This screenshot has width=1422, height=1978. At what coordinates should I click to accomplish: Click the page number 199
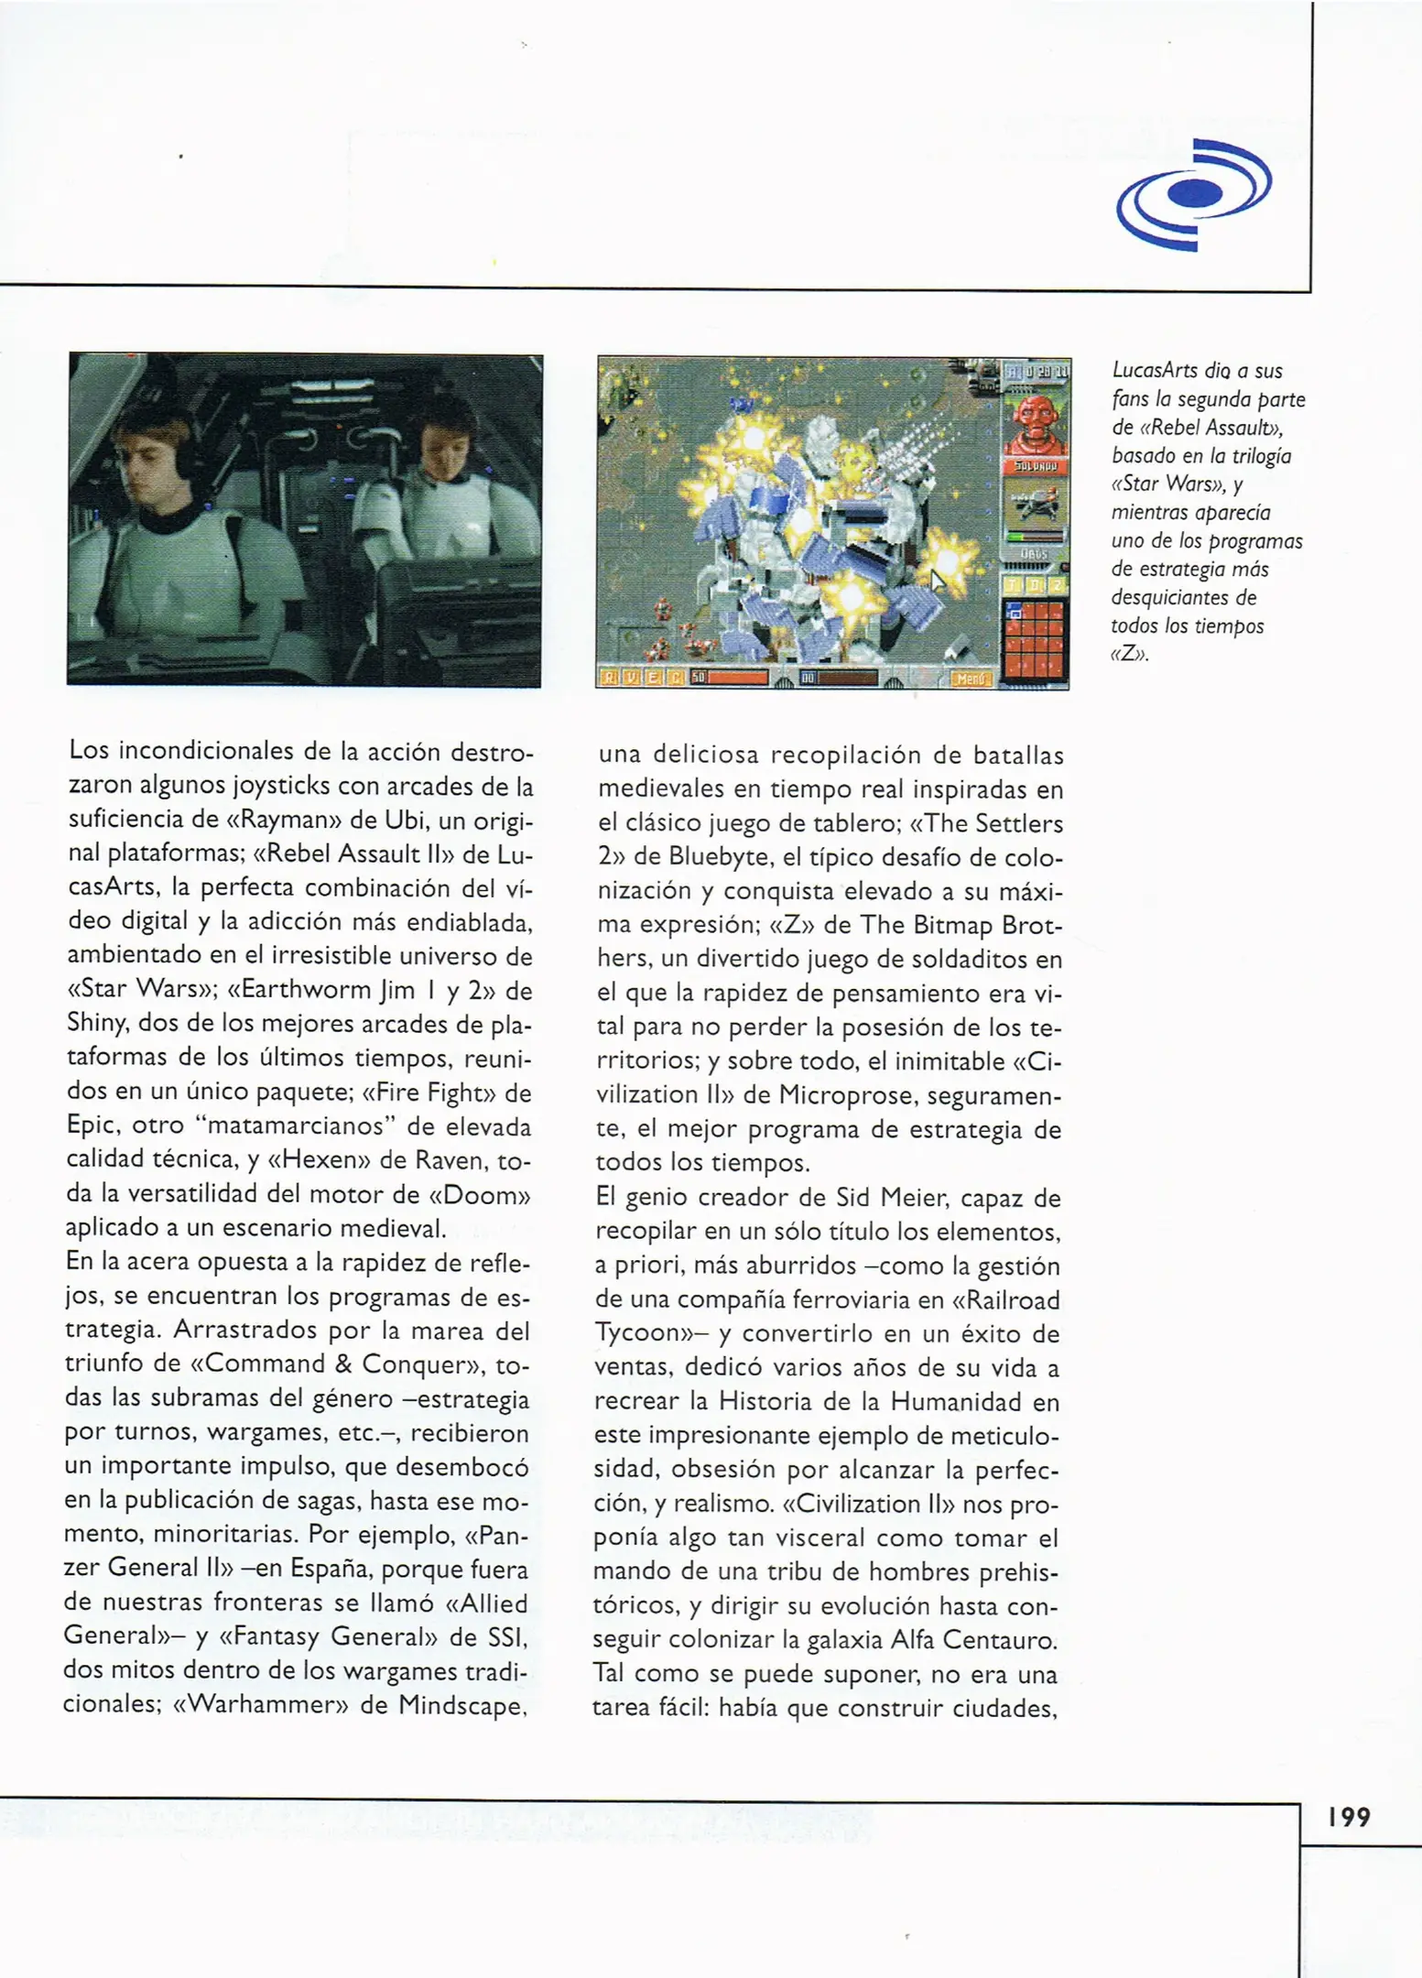tap(1350, 1817)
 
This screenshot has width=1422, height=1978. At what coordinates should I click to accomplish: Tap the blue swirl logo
tap(1194, 193)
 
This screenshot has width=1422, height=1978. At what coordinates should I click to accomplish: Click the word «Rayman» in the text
tap(284, 820)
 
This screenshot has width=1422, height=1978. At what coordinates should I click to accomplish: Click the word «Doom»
tap(482, 1194)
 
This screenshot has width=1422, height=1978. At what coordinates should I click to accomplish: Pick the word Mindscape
tap(461, 1704)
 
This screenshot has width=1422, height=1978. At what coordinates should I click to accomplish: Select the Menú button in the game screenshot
tap(971, 679)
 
